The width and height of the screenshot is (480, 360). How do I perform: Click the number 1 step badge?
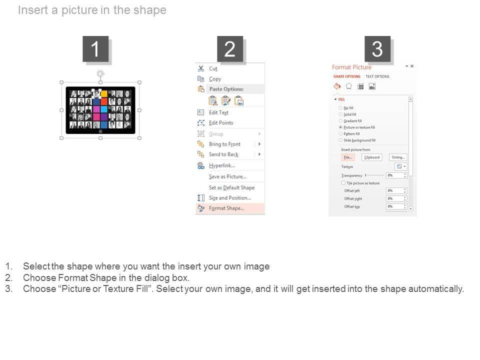[95, 49]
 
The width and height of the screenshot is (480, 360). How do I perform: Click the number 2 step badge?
[229, 49]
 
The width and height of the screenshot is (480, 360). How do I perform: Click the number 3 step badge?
[377, 49]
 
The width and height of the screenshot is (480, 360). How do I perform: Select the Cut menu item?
[213, 68]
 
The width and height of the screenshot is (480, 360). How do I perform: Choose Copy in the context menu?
[215, 79]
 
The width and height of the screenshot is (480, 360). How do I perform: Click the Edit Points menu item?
[220, 123]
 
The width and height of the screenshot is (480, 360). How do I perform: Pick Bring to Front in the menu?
[224, 144]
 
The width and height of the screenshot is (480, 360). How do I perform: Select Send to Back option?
[223, 154]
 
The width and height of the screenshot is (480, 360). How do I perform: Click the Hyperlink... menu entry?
[221, 165]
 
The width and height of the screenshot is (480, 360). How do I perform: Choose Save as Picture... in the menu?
[227, 176]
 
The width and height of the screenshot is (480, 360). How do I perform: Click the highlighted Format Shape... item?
[226, 208]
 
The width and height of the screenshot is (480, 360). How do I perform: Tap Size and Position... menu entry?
[229, 198]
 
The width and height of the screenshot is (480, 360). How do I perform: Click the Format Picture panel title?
[351, 67]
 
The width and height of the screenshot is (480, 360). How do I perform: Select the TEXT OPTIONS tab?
[377, 76]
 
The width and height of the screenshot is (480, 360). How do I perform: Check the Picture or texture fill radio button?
[341, 127]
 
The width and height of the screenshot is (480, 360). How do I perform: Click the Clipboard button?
[371, 157]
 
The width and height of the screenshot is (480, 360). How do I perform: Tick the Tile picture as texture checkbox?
[343, 183]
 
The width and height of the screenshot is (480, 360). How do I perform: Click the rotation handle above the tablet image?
[100, 73]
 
